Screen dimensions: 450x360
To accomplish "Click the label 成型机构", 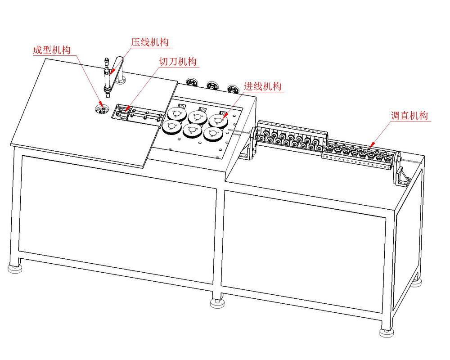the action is pos(52,50).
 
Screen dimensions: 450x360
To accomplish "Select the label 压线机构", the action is pos(150,42).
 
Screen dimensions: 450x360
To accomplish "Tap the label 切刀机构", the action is pos(178,62).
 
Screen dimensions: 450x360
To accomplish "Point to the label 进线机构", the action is pos(263,86).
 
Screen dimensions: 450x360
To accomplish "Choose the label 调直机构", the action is pos(409,115).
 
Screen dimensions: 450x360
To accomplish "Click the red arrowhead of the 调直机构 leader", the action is pos(371,145).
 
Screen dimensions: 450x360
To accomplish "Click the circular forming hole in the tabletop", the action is pos(102,109).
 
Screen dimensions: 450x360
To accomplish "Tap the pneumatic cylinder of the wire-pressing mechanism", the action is pos(107,77).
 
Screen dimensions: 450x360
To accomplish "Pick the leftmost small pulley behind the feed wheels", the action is pos(191,82).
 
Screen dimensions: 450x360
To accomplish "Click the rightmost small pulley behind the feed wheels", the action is pos(233,89).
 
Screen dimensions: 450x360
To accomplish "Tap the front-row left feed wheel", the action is pos(171,127).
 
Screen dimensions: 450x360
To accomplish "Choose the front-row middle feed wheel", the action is pos(192,130).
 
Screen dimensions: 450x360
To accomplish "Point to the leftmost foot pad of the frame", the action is pos(15,269).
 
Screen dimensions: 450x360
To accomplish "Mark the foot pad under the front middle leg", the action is pos(217,303).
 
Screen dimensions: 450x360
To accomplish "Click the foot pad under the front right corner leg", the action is pos(387,333).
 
